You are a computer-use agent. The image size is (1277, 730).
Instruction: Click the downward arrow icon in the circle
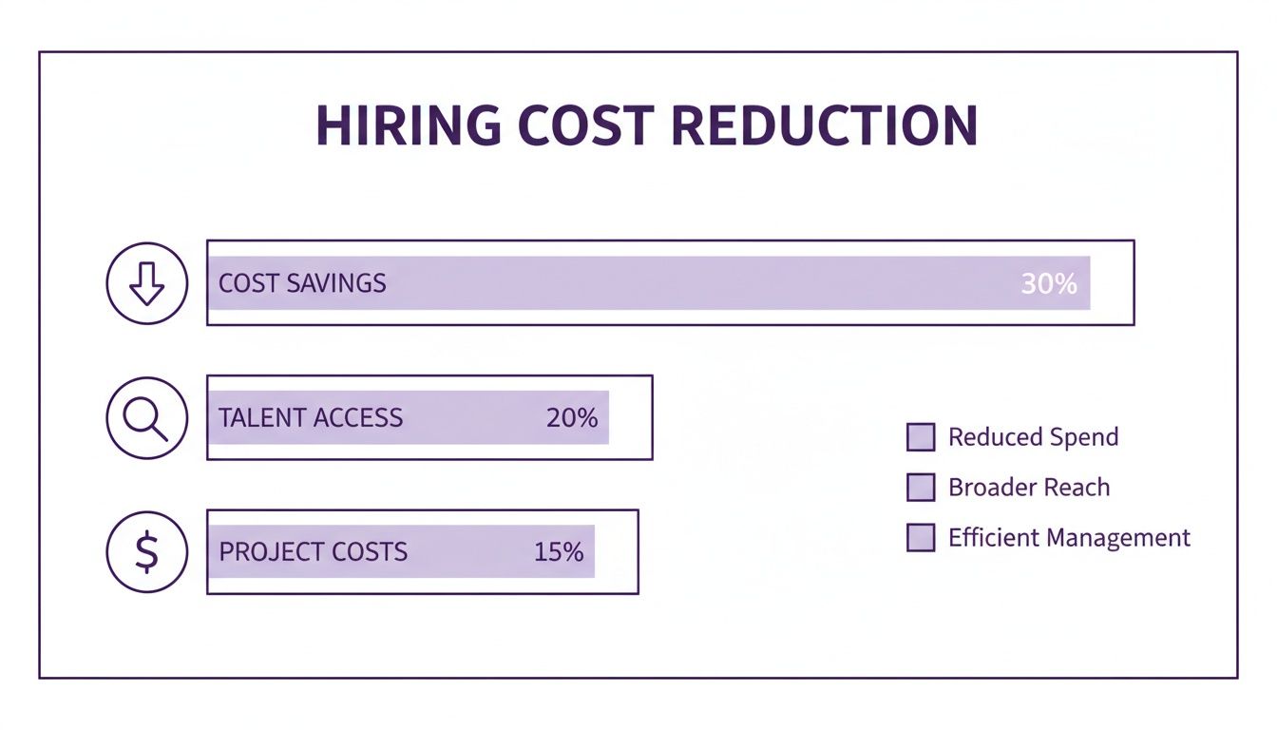point(147,282)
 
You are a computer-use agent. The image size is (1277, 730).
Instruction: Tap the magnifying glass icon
point(147,417)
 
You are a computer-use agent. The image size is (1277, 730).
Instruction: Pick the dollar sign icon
point(147,552)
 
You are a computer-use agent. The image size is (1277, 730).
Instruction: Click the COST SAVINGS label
point(302,283)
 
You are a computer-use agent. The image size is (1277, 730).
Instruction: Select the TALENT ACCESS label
point(311,418)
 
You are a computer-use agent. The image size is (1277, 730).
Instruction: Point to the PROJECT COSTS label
point(314,552)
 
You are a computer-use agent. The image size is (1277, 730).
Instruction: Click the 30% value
point(1049,283)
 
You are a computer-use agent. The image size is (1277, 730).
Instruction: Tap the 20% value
point(572,418)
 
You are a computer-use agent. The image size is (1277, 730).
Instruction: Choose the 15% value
point(559,552)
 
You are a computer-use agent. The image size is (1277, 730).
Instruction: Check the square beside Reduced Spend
point(921,437)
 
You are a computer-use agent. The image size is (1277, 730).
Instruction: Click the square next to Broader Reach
point(921,488)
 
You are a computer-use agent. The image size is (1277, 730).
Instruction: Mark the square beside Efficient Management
point(921,538)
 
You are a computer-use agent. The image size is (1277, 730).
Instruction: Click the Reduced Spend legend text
point(1034,437)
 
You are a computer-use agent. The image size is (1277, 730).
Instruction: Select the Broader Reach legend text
point(1029,488)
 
